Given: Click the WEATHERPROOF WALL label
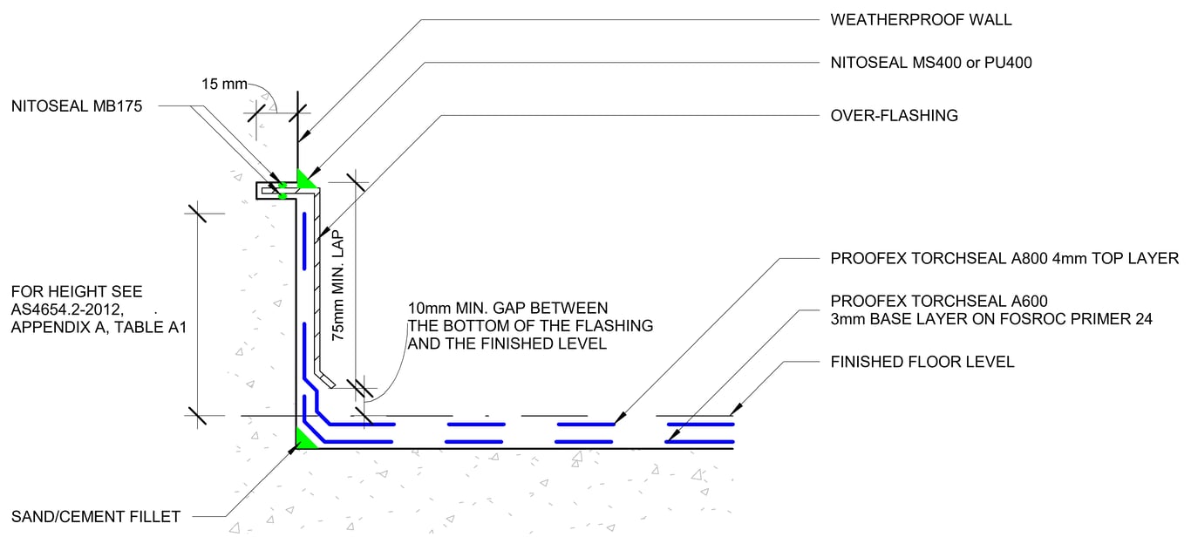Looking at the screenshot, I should point(909,19).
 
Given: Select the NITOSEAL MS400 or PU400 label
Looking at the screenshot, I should point(932,63).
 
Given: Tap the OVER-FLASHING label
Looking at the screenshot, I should point(895,115).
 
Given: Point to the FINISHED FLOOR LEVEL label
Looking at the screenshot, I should point(922,361).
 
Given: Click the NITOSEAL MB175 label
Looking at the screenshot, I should point(77,106).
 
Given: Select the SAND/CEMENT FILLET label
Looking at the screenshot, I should point(96,517).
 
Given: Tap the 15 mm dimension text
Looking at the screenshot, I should point(223,85).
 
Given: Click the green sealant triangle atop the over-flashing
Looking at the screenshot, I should point(304,180).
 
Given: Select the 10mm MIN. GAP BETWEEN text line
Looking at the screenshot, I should point(507,308).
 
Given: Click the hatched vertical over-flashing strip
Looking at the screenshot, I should point(317,279).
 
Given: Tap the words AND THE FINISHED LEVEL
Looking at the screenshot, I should point(507,343).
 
